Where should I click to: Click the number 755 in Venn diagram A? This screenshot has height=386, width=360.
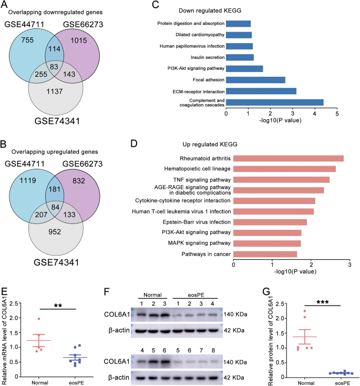(x=26, y=42)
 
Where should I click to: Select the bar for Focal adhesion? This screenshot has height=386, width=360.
(x=255, y=79)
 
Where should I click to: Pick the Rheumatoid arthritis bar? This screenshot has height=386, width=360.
(x=288, y=158)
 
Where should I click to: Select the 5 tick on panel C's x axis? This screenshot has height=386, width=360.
(x=337, y=114)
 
